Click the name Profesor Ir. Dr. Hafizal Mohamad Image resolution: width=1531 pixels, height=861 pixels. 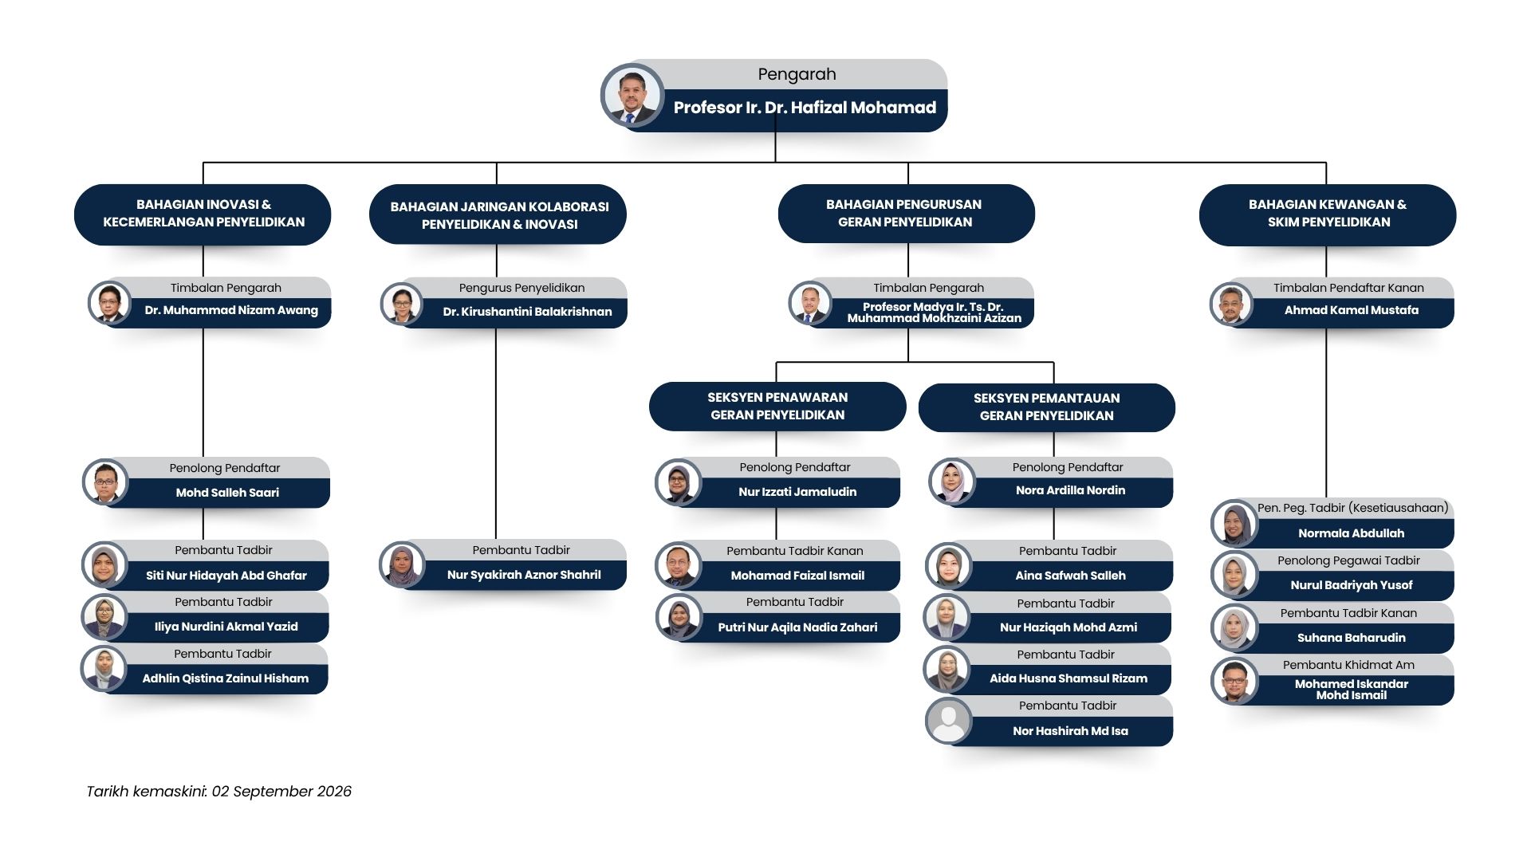click(x=805, y=108)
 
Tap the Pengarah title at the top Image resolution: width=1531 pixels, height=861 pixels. click(x=797, y=74)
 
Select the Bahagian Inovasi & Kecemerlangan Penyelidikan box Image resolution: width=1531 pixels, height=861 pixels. click(x=203, y=214)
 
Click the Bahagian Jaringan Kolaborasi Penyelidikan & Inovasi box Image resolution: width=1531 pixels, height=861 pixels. click(x=498, y=214)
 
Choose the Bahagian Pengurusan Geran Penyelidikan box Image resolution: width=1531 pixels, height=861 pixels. click(x=906, y=214)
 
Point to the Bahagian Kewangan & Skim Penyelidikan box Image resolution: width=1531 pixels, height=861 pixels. click(x=1328, y=214)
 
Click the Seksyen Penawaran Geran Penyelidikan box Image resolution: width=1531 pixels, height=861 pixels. click(x=777, y=406)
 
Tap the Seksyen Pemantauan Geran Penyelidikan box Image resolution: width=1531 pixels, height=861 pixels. click(x=1046, y=407)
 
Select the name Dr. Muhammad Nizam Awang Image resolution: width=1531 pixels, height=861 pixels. click(x=231, y=310)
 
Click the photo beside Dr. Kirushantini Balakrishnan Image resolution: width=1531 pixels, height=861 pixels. click(x=401, y=304)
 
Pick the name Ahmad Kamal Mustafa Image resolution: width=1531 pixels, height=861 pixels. click(x=1352, y=310)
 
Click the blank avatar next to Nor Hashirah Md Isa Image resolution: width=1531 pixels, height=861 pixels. click(x=948, y=721)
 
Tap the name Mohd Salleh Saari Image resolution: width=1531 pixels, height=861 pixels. click(x=227, y=493)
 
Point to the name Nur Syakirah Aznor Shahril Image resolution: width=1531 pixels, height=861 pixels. click(x=524, y=575)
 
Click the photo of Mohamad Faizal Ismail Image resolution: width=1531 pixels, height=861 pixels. click(x=678, y=565)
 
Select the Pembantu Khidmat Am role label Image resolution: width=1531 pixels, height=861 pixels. click(x=1348, y=665)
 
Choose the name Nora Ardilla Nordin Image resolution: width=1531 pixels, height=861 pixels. click(x=1070, y=490)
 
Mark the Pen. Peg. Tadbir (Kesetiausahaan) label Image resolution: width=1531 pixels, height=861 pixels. click(x=1352, y=508)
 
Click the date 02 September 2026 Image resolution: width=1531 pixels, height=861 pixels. click(x=281, y=792)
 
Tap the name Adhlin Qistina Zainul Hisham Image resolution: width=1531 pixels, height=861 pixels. click(x=226, y=678)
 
